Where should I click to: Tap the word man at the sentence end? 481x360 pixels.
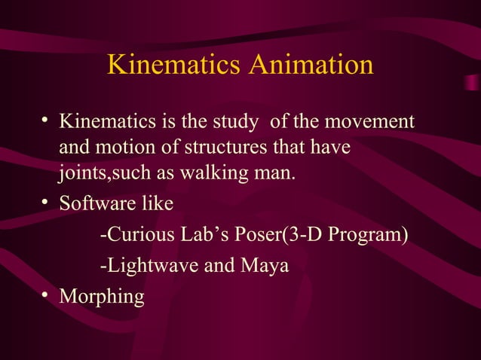tap(274, 175)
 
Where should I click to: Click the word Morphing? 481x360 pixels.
tap(101, 297)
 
